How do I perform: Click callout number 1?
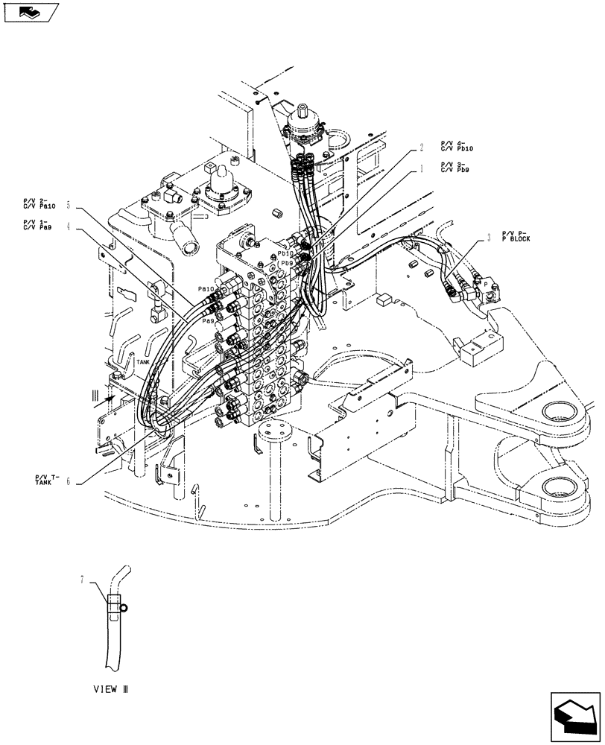(x=421, y=169)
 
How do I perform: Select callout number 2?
(x=421, y=148)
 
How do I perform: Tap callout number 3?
(x=488, y=238)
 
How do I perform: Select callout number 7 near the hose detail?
(x=83, y=578)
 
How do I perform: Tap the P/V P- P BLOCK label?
(x=516, y=237)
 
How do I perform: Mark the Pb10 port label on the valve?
(x=285, y=253)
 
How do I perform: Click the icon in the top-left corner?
(x=30, y=13)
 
